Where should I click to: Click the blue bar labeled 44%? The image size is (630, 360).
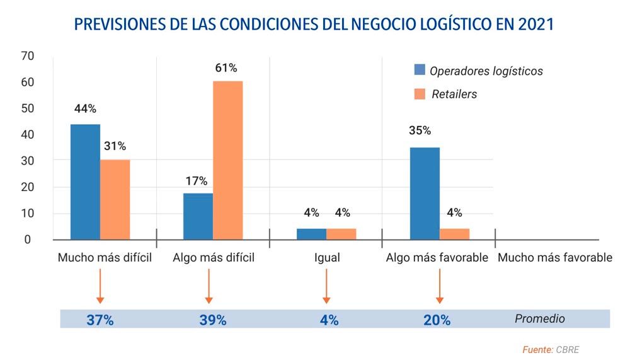(x=85, y=182)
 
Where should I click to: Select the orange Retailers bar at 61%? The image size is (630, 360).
(x=227, y=160)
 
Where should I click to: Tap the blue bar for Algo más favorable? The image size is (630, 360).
(x=425, y=194)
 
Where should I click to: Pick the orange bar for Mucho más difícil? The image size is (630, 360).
(x=115, y=199)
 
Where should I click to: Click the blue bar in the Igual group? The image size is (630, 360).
(x=311, y=234)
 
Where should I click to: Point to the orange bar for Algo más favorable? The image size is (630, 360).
(x=454, y=234)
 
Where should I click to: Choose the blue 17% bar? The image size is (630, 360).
(x=198, y=216)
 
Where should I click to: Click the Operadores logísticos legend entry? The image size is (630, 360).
(x=486, y=71)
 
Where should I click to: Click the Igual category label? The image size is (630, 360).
(x=327, y=258)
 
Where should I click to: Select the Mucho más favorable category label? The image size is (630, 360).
(x=554, y=258)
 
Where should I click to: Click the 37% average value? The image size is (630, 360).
(x=100, y=320)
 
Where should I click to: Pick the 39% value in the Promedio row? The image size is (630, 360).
(x=212, y=320)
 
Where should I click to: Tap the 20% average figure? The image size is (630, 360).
(x=437, y=320)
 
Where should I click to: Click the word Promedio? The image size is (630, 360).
(x=540, y=318)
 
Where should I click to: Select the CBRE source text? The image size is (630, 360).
(x=566, y=349)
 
